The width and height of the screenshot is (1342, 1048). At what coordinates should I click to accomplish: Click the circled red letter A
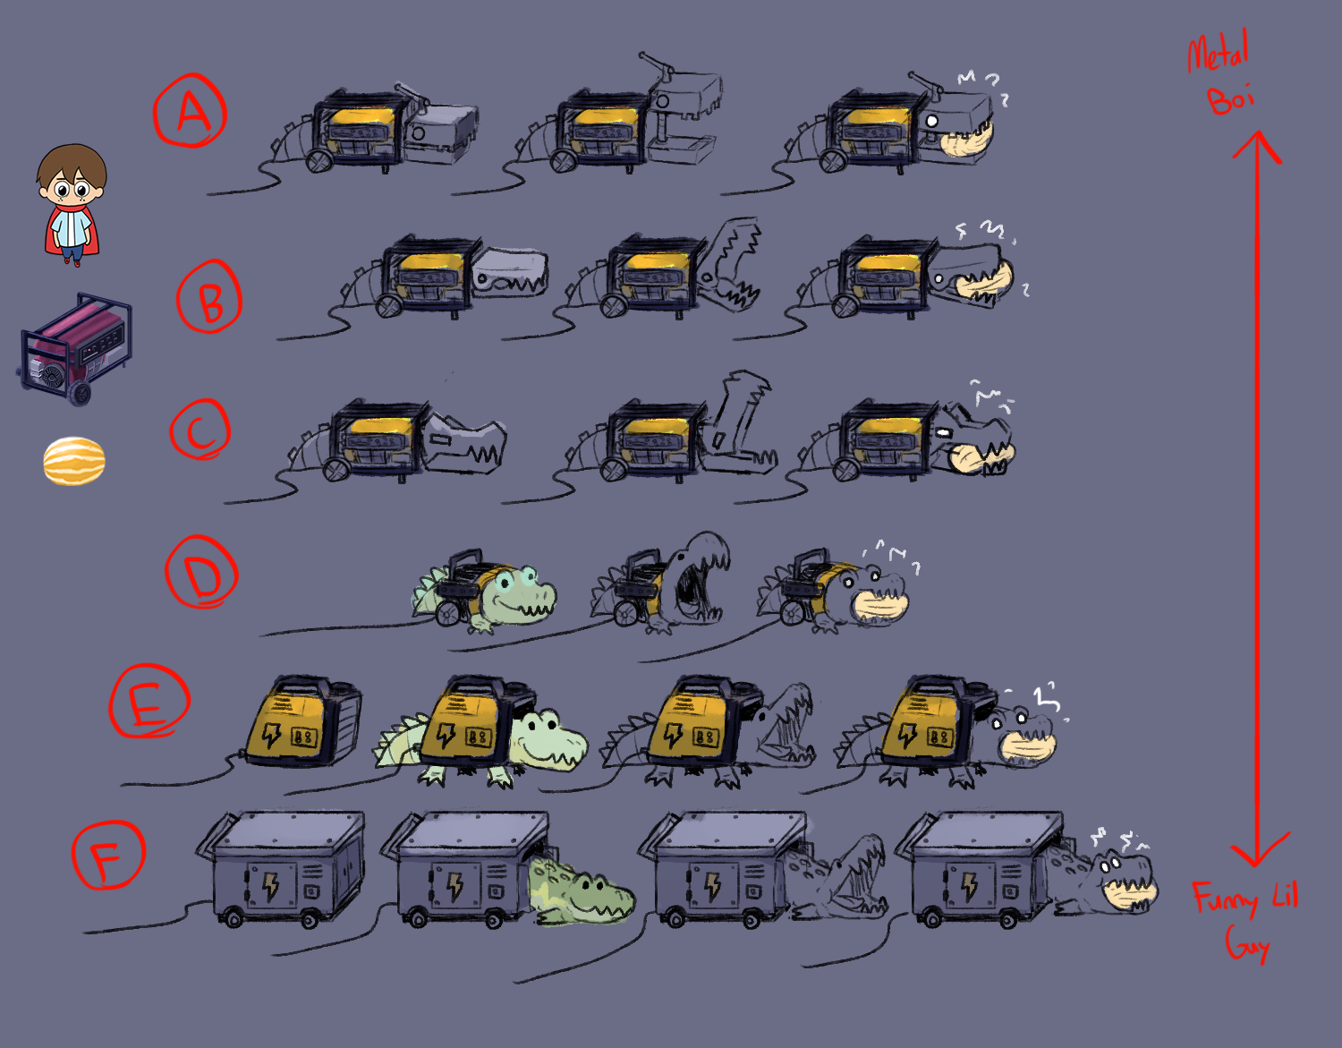pyautogui.click(x=190, y=113)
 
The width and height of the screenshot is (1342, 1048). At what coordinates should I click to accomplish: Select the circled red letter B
pyautogui.click(x=210, y=298)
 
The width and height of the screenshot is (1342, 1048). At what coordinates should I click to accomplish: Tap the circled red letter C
pyautogui.click(x=200, y=430)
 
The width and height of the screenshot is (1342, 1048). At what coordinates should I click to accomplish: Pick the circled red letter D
pyautogui.click(x=202, y=574)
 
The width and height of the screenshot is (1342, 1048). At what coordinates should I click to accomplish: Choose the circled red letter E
pyautogui.click(x=149, y=703)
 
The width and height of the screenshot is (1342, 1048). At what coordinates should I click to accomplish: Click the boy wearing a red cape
pyautogui.click(x=72, y=205)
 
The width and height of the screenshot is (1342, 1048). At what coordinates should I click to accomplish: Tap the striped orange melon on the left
pyautogui.click(x=74, y=462)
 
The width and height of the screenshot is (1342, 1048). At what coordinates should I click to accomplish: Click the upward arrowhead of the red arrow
pyautogui.click(x=1257, y=143)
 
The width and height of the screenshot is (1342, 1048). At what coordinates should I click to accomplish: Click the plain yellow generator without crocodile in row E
pyautogui.click(x=301, y=723)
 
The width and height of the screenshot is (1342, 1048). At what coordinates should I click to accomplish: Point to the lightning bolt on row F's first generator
pyautogui.click(x=269, y=885)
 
